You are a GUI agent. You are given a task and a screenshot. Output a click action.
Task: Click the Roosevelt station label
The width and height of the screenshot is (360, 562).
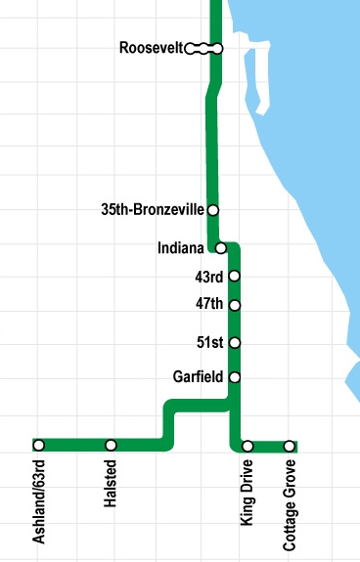click(151, 48)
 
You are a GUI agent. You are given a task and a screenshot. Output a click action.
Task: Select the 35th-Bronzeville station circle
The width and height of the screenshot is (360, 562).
click(212, 209)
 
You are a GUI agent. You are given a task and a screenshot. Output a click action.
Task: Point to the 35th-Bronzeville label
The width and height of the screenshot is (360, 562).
click(153, 209)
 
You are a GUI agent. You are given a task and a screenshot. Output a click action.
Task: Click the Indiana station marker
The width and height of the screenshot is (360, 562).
click(222, 247)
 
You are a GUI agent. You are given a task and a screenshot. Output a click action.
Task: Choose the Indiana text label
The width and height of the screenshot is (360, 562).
click(181, 247)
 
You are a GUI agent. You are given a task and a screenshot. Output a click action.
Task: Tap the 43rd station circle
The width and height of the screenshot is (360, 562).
click(234, 277)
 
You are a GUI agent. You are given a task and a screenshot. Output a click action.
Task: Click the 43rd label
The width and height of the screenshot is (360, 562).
click(209, 277)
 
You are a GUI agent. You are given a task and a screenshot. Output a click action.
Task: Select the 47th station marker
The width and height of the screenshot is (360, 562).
click(234, 305)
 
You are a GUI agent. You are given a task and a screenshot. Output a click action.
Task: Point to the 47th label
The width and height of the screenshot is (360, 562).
click(209, 305)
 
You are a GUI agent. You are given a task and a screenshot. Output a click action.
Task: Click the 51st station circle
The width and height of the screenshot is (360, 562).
click(234, 342)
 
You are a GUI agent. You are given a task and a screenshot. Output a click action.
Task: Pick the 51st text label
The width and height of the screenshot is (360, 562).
click(211, 342)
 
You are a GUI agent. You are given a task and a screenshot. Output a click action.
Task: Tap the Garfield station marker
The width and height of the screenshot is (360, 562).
click(234, 376)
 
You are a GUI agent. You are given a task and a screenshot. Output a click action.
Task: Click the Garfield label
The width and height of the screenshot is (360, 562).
click(198, 376)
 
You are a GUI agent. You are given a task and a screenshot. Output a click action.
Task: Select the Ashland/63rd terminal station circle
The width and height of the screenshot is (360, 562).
click(39, 446)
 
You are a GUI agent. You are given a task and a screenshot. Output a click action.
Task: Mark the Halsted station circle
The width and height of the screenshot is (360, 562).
click(111, 446)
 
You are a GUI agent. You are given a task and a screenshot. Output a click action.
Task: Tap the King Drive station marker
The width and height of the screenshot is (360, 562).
click(247, 446)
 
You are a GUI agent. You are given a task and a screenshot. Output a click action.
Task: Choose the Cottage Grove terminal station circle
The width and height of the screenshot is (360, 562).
click(290, 446)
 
